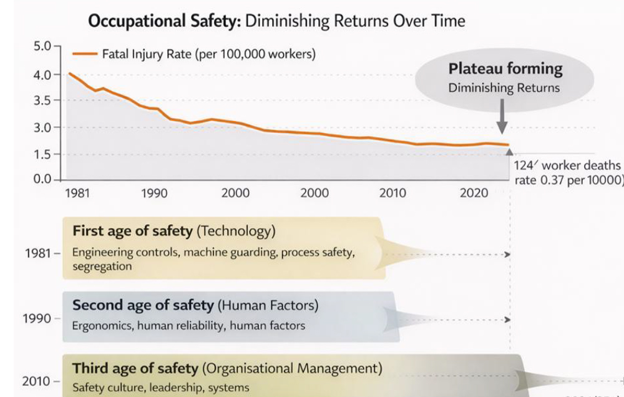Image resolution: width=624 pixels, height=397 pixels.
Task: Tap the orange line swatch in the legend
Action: pyautogui.click(x=85, y=54)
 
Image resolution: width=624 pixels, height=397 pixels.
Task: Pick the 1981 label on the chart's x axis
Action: pyautogui.click(x=77, y=194)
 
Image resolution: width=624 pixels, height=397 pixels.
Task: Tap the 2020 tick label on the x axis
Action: pyautogui.click(x=474, y=194)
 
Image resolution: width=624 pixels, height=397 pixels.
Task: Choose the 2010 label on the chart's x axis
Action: pyautogui.click(x=392, y=194)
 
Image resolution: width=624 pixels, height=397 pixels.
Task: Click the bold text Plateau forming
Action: pyautogui.click(x=505, y=69)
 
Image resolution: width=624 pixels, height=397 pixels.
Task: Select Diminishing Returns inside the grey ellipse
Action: pyautogui.click(x=504, y=88)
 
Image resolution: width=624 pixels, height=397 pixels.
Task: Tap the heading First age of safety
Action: pyautogui.click(x=132, y=231)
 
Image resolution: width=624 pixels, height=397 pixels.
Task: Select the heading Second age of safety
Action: pyautogui.click(x=143, y=305)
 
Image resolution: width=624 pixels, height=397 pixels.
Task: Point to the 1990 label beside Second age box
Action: pyautogui.click(x=36, y=318)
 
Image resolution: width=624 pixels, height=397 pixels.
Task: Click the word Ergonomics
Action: pyautogui.click(x=102, y=325)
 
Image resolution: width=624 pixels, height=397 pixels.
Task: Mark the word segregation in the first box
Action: pyautogui.click(x=102, y=267)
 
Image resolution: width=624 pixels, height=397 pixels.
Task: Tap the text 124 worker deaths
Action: pyautogui.click(x=567, y=165)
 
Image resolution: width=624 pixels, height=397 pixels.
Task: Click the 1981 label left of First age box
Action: pyautogui.click(x=36, y=255)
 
